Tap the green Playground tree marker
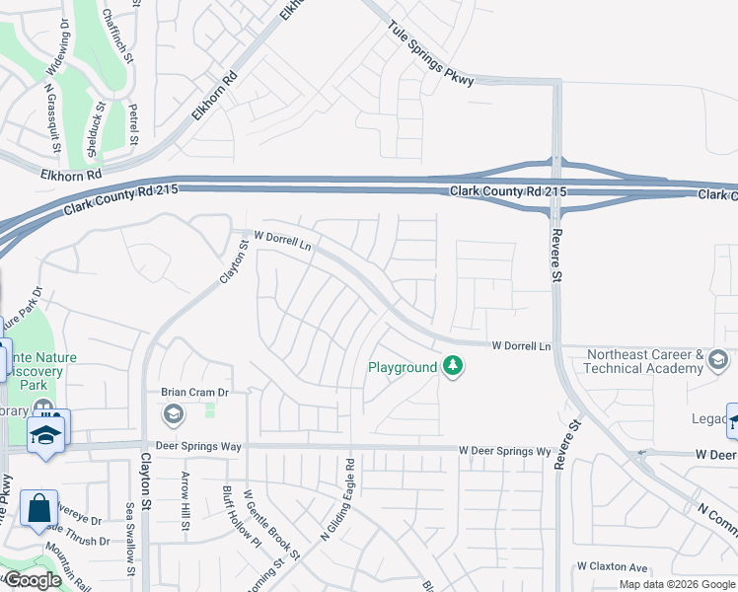click(453, 367)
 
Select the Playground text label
click(402, 367)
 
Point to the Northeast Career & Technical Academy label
click(644, 361)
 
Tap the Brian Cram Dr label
click(195, 392)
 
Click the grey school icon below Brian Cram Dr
click(174, 413)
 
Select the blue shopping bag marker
click(38, 509)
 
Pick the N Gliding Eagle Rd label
click(336, 499)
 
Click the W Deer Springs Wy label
click(504, 451)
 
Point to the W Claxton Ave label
click(612, 566)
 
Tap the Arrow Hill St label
click(184, 500)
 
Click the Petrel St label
click(133, 125)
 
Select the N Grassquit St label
click(52, 118)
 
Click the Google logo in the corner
click(33, 579)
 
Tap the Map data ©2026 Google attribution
click(678, 584)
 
